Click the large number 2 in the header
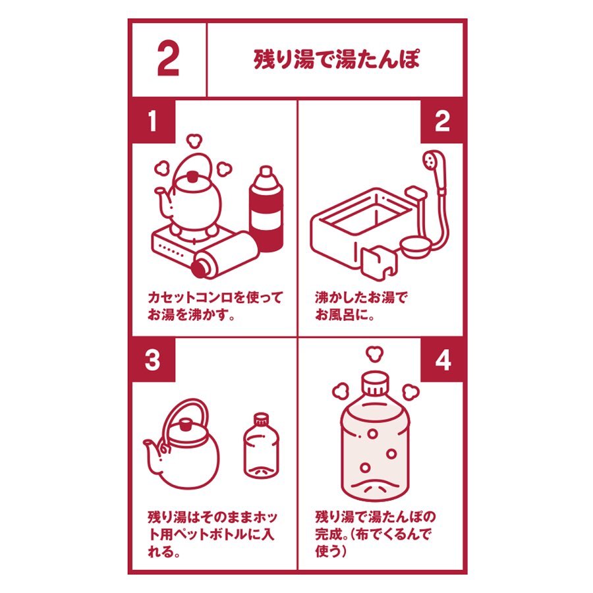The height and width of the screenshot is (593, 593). tap(168, 59)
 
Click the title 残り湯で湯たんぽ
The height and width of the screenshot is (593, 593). tap(336, 59)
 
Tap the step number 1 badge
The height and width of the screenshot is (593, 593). tap(153, 121)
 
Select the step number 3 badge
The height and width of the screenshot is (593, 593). tap(153, 360)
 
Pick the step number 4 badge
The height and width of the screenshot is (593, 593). tap(442, 360)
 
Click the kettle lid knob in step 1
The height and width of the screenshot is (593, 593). tap(192, 176)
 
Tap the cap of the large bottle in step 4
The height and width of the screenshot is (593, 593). tap(375, 383)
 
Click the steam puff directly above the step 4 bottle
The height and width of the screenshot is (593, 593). tap(375, 354)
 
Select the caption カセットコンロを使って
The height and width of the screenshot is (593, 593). tap(215, 298)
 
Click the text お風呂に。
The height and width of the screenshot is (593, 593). tap(345, 315)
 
